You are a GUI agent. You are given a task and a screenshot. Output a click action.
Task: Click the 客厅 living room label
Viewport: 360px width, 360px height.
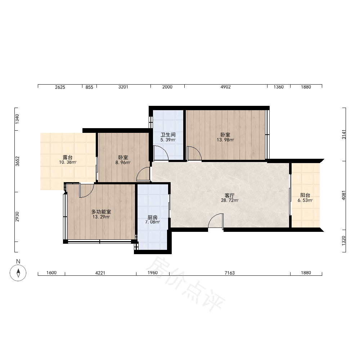click(229, 195)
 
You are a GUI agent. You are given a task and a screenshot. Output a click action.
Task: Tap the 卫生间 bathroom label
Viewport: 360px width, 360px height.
click(168, 135)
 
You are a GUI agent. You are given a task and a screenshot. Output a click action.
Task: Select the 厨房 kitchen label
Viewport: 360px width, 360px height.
click(152, 217)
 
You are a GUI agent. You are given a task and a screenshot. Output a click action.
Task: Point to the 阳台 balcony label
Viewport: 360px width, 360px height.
click(305, 195)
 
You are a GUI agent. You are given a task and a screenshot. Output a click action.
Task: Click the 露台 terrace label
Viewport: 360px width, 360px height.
click(68, 157)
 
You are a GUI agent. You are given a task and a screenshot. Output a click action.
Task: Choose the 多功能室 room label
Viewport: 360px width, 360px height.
click(101, 212)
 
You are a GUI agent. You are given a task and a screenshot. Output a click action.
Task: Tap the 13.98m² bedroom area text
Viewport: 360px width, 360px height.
click(225, 140)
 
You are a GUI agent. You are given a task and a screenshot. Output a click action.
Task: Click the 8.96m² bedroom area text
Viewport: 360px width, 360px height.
click(123, 163)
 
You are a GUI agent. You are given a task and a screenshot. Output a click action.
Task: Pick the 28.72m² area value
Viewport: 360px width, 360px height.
click(230, 200)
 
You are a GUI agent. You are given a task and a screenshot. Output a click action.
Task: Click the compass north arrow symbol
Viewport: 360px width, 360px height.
click(18, 273)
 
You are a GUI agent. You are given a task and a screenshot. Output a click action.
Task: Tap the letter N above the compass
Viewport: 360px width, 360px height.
click(18, 261)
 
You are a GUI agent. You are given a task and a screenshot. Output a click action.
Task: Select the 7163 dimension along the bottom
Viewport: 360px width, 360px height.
click(230, 273)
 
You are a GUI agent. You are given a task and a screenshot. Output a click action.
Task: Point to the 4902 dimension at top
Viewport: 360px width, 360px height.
click(225, 87)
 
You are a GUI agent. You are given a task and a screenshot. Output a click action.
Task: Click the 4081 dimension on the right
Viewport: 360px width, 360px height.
click(344, 195)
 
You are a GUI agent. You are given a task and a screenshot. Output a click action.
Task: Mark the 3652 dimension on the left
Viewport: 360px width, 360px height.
click(17, 161)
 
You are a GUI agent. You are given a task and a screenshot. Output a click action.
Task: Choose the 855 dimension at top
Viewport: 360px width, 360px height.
click(89, 87)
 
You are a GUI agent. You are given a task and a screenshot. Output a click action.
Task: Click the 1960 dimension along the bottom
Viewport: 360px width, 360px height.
click(152, 273)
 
